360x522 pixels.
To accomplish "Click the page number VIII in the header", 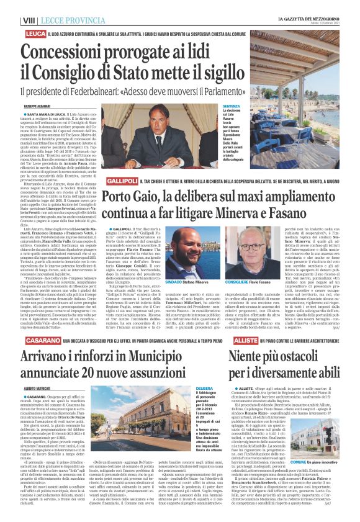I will coord(29,20).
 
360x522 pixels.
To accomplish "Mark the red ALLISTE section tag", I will coord(246,342).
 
